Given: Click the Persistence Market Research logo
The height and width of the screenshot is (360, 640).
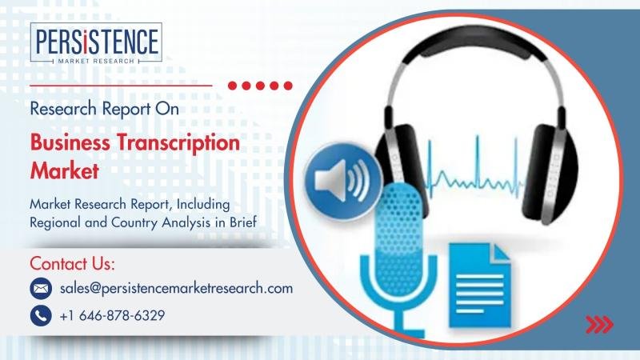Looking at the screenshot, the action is tap(96, 43).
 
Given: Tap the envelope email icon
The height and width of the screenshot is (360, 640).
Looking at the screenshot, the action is tap(41, 289).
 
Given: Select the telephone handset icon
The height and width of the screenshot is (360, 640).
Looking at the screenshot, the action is tap(41, 315).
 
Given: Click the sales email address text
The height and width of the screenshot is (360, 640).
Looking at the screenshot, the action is tap(176, 288).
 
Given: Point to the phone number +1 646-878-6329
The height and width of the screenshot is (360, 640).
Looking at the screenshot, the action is tap(112, 315).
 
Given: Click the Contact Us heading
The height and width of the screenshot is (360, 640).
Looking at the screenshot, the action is tap(72, 264).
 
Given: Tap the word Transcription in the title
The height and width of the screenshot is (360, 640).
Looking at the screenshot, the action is tap(178, 143).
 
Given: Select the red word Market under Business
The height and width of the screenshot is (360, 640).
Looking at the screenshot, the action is tap(65, 170).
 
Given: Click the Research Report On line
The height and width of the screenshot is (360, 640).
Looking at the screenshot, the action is tap(105, 109).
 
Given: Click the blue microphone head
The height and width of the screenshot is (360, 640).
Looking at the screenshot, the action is tap(399, 236).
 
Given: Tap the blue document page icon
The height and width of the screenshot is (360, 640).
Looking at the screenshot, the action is tap(479, 285).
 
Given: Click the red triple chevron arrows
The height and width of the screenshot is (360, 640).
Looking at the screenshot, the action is tap(599, 325).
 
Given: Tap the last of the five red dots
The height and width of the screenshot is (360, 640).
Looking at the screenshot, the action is tap(288, 86).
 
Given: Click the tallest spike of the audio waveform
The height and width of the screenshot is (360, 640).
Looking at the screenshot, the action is tap(478, 161).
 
